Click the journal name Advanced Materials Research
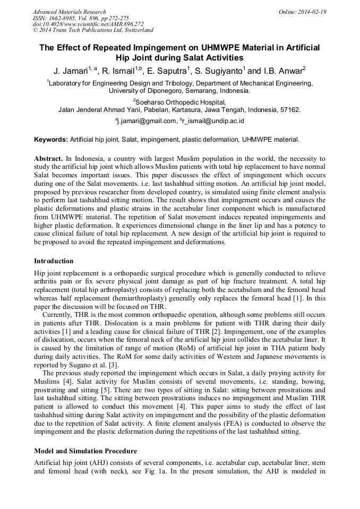(x=70, y=12)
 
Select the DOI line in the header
(x=88, y=24)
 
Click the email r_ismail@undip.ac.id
(x=213, y=121)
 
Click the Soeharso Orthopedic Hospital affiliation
(x=181, y=102)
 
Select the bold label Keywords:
(x=51, y=140)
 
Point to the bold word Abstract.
(x=48, y=159)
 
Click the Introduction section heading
(x=54, y=261)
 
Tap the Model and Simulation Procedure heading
(x=85, y=451)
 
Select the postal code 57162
(x=290, y=110)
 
